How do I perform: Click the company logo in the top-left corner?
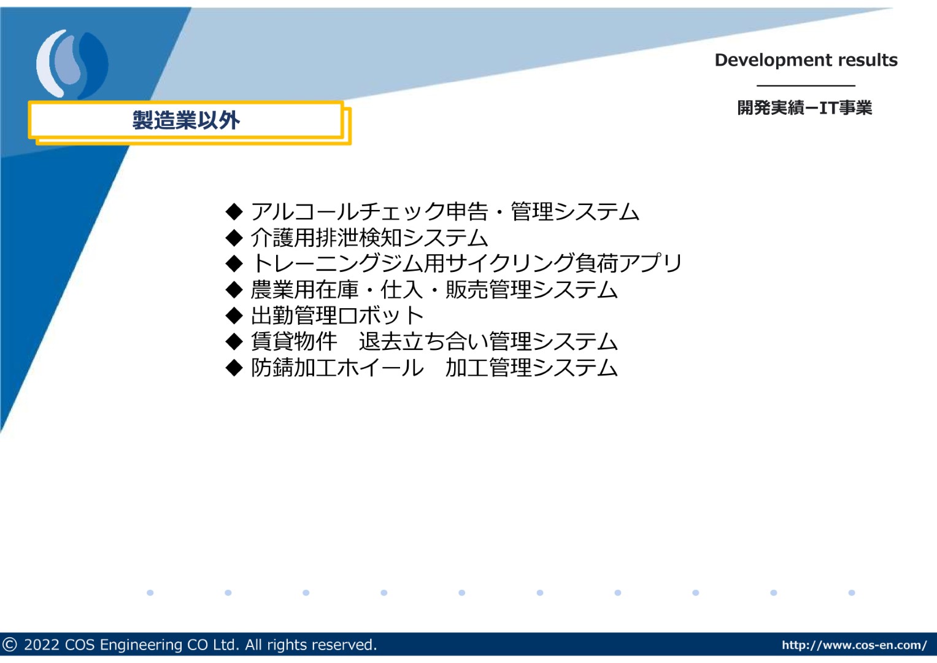[x=72, y=64]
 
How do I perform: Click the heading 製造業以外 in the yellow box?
[x=186, y=120]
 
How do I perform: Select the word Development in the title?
[x=772, y=61]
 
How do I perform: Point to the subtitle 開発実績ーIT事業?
[x=805, y=108]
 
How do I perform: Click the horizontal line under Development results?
[x=806, y=85]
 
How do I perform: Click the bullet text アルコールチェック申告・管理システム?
[x=445, y=211]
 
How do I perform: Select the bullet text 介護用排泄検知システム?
[x=369, y=238]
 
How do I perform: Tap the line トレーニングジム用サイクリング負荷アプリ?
[x=466, y=263]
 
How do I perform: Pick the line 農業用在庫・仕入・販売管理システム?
[x=434, y=289]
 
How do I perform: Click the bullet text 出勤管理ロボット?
[x=337, y=315]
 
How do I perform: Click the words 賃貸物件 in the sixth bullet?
[x=294, y=341]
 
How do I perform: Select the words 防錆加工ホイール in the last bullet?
[x=337, y=368]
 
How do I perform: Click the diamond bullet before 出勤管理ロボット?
[x=234, y=315]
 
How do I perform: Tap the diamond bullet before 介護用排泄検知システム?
[x=234, y=238]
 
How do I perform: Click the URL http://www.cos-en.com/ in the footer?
[x=854, y=645]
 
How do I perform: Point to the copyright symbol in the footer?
[x=9, y=645]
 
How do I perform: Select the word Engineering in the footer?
[x=141, y=645]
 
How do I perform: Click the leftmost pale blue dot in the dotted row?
[x=150, y=592]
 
